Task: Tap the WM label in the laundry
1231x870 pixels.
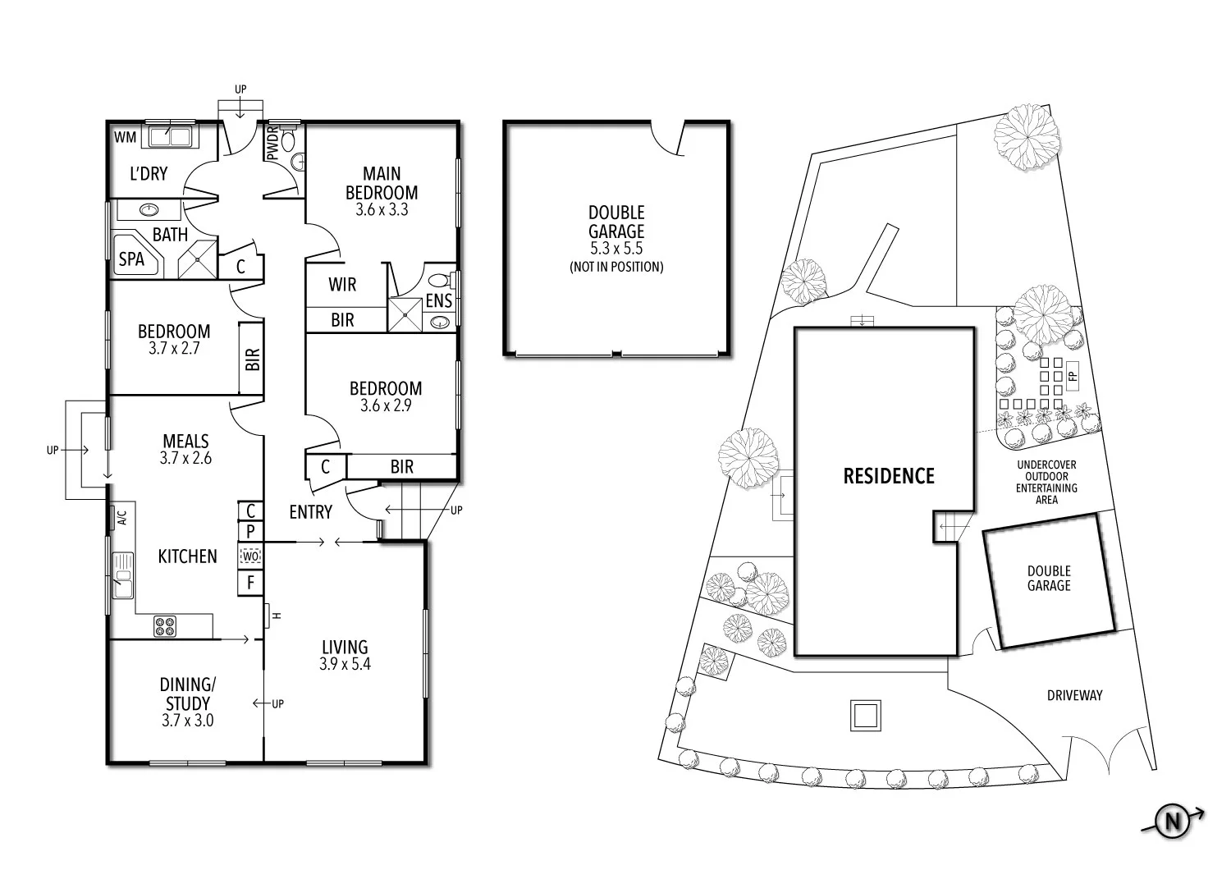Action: tap(124, 135)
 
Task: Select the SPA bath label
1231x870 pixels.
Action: tap(131, 259)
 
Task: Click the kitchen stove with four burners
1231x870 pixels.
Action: tap(165, 626)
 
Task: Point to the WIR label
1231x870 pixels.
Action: tap(342, 285)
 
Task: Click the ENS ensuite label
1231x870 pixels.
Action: tap(438, 301)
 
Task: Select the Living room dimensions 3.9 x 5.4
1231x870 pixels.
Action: tap(345, 664)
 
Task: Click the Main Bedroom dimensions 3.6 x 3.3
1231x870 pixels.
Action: tap(382, 209)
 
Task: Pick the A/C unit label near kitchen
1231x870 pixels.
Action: tap(121, 517)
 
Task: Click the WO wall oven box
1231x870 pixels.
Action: tap(250, 556)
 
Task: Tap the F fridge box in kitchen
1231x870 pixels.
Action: tap(250, 584)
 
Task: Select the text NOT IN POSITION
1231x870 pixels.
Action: tap(615, 267)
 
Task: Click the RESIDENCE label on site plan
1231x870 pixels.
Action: tap(888, 476)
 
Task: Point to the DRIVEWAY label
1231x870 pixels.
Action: tap(1074, 695)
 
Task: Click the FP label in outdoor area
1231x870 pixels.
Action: tap(1072, 376)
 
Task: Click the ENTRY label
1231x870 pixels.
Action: tap(310, 512)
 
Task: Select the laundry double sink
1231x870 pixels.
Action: tap(168, 135)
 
